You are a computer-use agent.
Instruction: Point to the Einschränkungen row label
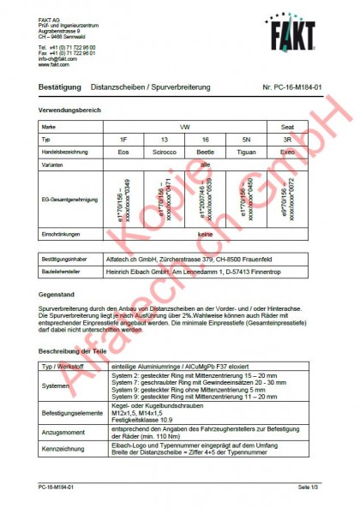pos(61,233)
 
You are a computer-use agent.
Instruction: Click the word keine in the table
pos(205,233)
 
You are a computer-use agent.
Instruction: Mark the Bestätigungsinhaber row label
pos(68,256)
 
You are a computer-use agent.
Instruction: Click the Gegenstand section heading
pos(57,296)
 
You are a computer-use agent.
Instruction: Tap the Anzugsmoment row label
pos(63,432)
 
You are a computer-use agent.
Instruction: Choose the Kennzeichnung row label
pos(63,450)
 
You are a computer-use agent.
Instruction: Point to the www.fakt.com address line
pos(53,64)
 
